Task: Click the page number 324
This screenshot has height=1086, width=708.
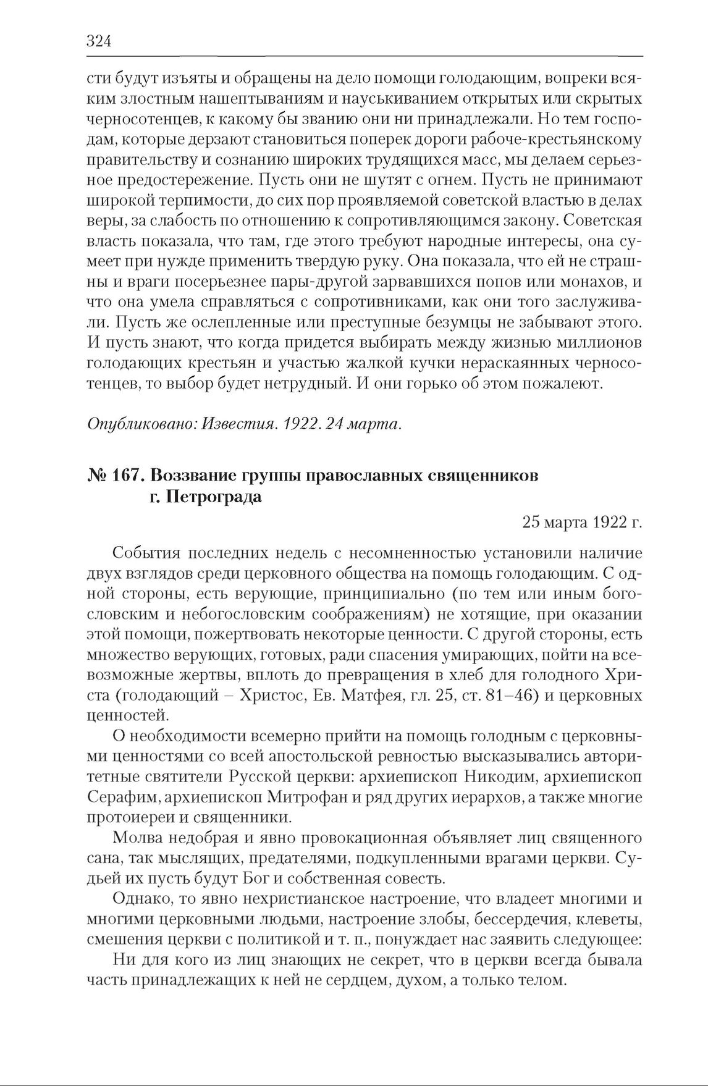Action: (98, 42)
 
